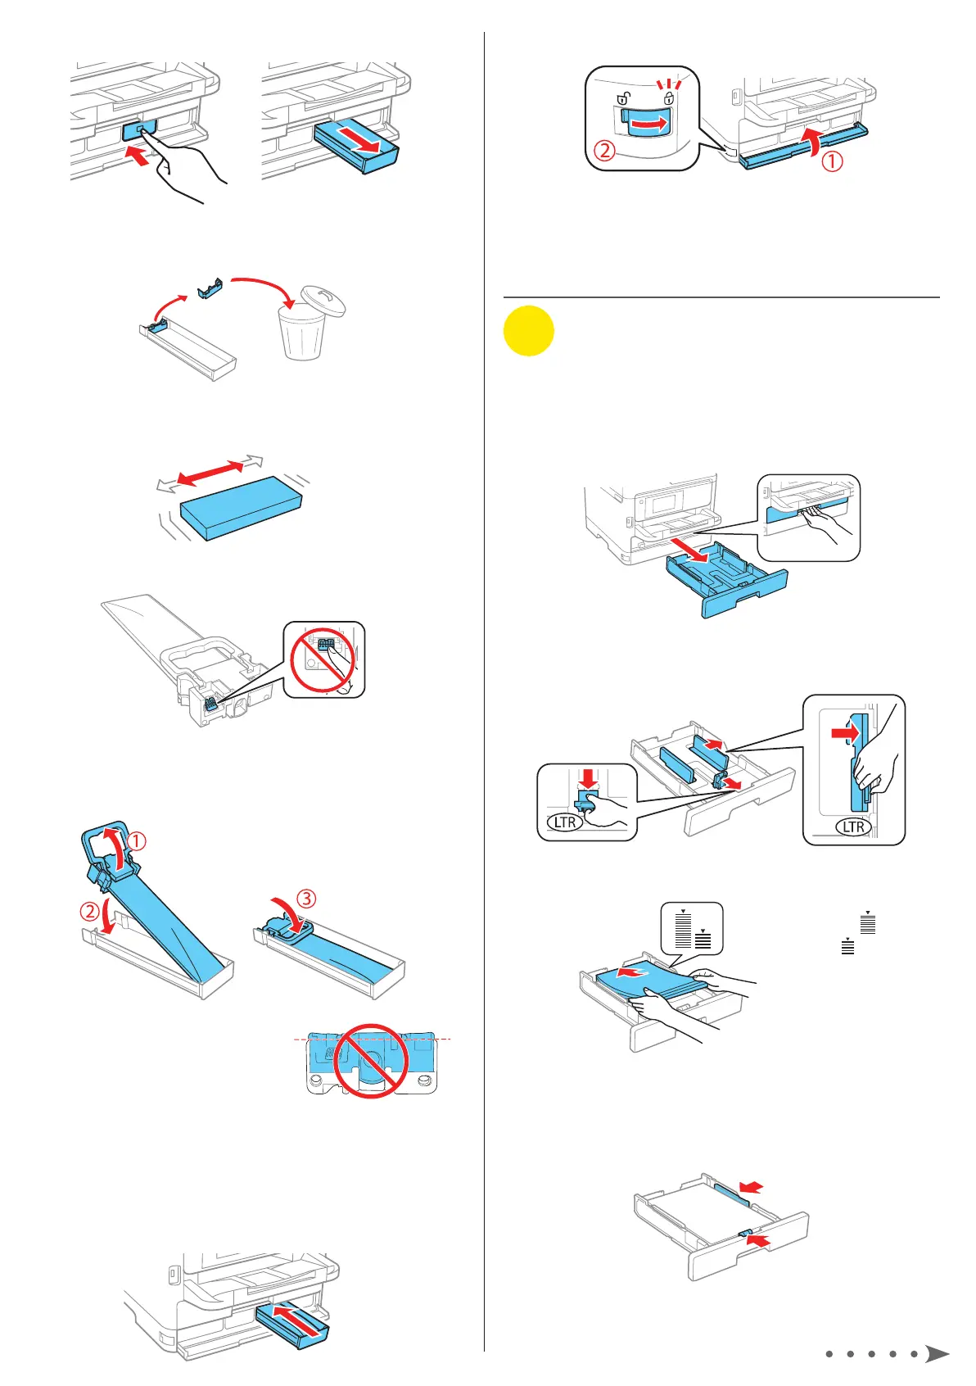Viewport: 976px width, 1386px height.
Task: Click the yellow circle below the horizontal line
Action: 529,331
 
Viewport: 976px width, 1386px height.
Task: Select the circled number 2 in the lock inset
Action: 604,151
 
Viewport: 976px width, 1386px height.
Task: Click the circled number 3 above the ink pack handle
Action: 305,899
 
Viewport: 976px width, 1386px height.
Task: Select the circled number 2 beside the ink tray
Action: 89,910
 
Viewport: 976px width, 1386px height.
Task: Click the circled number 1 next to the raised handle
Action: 137,840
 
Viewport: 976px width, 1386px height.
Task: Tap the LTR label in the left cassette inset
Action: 565,822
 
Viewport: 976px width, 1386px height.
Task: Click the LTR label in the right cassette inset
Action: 854,827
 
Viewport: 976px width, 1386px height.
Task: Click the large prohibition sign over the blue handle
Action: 371,1060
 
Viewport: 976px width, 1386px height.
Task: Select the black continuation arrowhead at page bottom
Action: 937,1354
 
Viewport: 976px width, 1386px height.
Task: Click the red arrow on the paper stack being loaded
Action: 628,975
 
